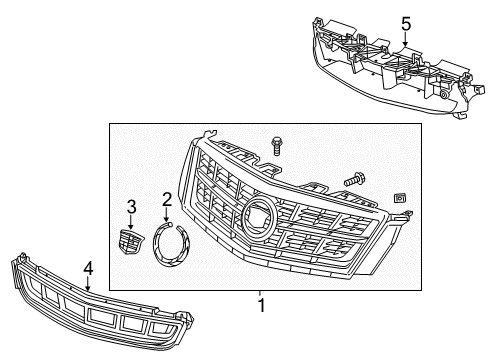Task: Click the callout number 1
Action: (262, 305)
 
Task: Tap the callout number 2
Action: (167, 199)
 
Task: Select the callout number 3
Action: (132, 207)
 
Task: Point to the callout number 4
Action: (88, 268)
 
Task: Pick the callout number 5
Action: (406, 24)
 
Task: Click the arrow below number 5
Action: (406, 40)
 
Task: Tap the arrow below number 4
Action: (88, 283)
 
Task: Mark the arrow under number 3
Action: (131, 222)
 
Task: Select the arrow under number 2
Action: (166, 214)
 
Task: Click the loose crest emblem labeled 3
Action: (131, 242)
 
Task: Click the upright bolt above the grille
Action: (276, 146)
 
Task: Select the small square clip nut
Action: (400, 198)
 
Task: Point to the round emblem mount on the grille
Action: (259, 217)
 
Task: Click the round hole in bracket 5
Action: (444, 95)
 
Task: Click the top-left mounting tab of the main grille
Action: (209, 134)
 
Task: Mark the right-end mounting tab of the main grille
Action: (404, 215)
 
